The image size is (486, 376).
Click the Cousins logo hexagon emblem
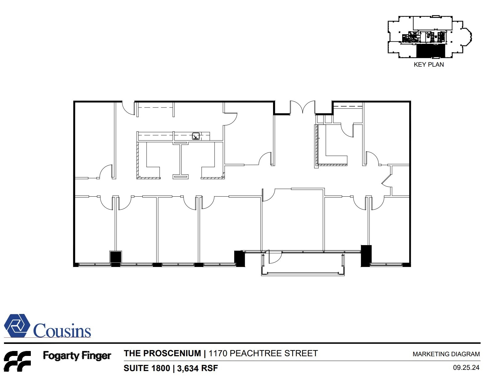pos(17,326)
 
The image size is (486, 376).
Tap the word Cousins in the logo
pos(62,331)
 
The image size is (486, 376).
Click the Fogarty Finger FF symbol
pos(17,361)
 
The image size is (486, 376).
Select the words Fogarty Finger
pos(77,356)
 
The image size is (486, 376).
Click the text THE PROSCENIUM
pos(162,353)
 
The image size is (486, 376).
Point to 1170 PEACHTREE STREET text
pos(263,353)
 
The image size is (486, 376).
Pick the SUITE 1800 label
pos(147,368)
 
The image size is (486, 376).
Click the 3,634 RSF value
pos(197,368)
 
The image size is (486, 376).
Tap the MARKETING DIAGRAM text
pos(446,354)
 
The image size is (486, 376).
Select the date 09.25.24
pos(466,368)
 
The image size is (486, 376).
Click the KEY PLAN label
pos(429,65)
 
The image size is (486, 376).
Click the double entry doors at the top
pos(302,107)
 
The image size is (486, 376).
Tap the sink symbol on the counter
pos(196,136)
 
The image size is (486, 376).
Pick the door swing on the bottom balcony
pos(275,257)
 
